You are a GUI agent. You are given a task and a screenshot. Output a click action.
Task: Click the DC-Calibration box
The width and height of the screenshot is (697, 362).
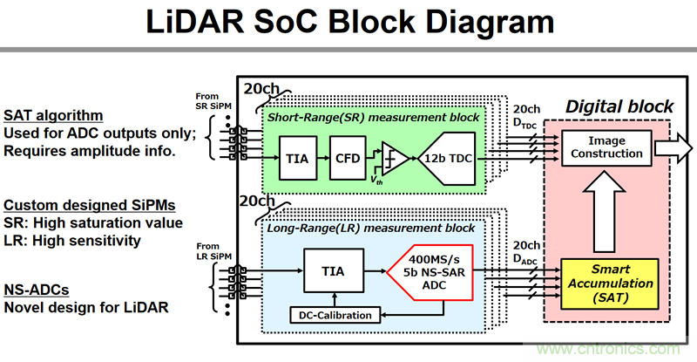click(335, 315)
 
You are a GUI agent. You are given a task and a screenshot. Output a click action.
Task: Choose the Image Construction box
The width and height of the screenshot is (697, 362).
click(608, 147)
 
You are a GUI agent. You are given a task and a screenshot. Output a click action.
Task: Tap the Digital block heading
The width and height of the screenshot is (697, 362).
click(619, 106)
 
